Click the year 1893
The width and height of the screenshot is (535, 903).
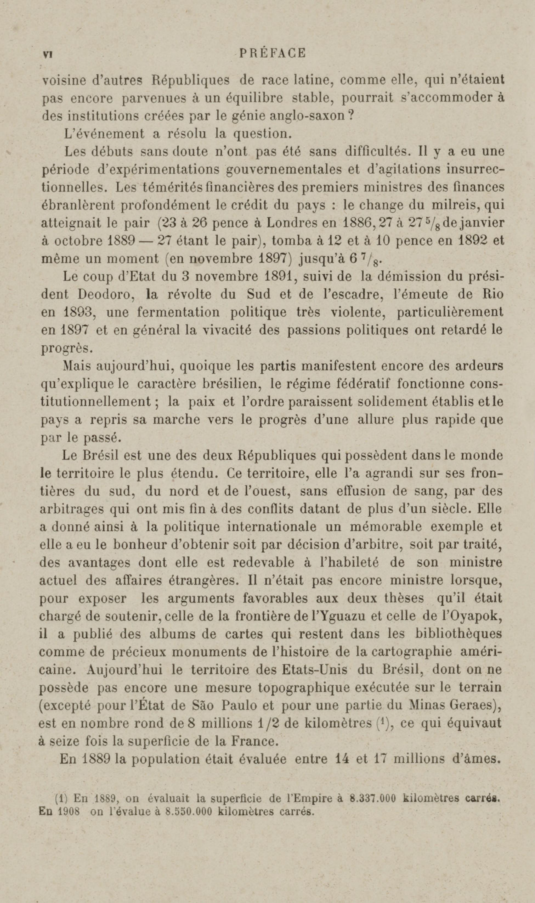(x=79, y=312)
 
